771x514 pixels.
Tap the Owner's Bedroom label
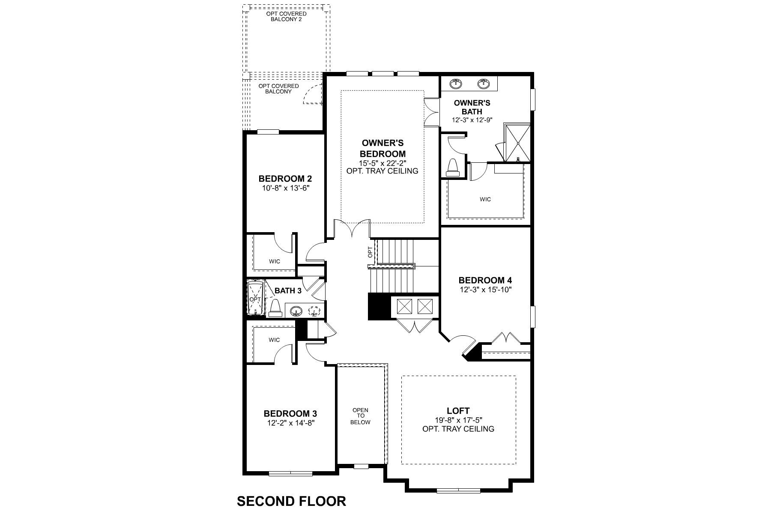coord(383,148)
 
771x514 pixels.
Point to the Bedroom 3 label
coord(290,414)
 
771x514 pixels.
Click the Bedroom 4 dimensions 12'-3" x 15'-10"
coord(485,289)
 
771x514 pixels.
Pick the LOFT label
coord(458,411)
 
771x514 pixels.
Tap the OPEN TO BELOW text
coord(360,416)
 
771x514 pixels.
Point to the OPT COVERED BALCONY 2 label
coord(287,17)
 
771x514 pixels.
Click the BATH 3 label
coord(288,290)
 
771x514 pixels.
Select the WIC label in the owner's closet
coord(485,199)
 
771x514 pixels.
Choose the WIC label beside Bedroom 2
coord(274,261)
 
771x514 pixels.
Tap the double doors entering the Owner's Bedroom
coord(352,228)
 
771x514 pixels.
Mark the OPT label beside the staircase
coord(371,252)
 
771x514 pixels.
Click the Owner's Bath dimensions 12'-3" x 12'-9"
coord(472,120)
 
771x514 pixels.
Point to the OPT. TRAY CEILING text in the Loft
coord(458,429)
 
